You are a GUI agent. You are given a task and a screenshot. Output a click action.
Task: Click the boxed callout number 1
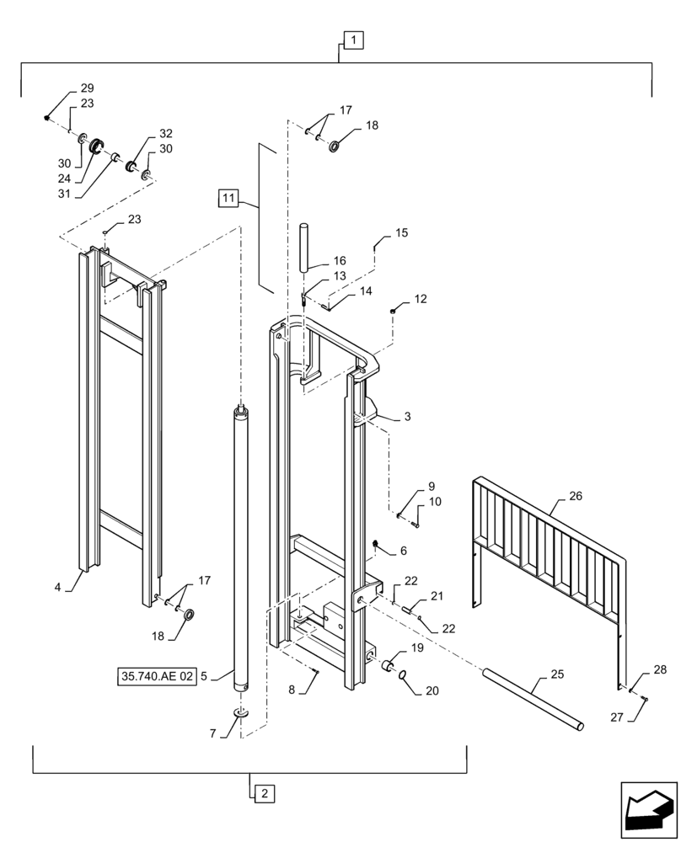pos(353,39)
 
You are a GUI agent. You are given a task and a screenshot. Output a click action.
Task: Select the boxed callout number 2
pos(263,792)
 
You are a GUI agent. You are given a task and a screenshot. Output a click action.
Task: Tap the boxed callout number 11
pos(227,199)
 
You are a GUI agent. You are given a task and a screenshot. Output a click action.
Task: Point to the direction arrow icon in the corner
pos(648,810)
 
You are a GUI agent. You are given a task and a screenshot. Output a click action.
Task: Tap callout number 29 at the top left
pos(87,88)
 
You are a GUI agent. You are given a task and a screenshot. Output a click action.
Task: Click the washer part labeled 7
pos(241,713)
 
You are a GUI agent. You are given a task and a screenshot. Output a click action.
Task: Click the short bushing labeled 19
pos(390,667)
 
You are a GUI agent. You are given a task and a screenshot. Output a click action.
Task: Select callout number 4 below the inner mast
pos(57,587)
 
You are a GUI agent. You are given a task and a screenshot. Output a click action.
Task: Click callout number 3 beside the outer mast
pos(407,417)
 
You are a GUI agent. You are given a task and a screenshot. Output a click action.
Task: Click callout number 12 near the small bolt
pos(421,299)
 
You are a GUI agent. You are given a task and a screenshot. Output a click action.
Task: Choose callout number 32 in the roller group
pos(165,134)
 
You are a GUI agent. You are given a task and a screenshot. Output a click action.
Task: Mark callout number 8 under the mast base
pos(292,690)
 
